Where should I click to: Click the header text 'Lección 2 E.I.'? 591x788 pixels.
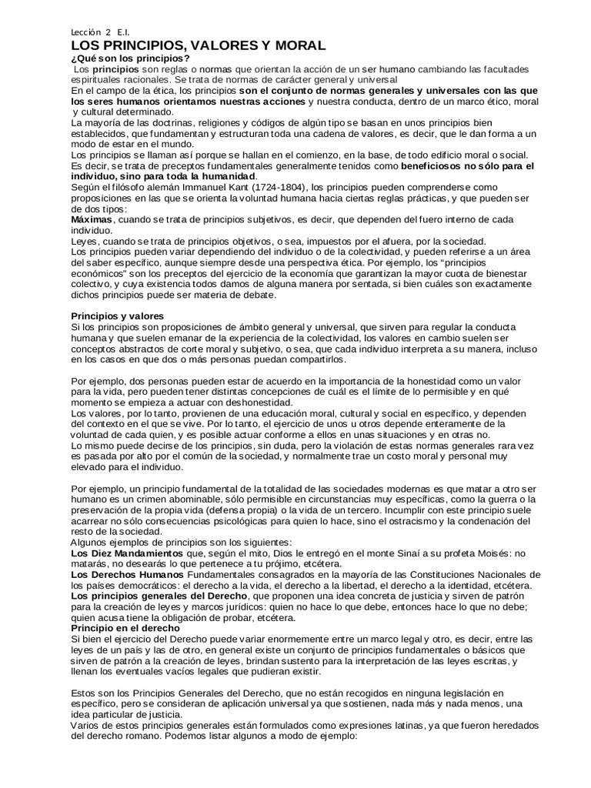click(x=100, y=32)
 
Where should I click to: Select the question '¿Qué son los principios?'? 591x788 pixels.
click(x=130, y=58)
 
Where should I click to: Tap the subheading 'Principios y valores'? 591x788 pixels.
click(x=122, y=316)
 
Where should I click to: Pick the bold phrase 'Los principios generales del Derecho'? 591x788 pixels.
click(x=159, y=596)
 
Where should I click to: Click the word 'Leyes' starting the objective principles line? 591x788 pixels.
click(x=85, y=241)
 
